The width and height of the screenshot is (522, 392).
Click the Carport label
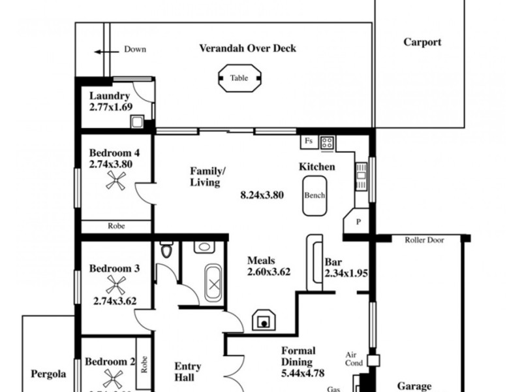pyautogui.click(x=422, y=42)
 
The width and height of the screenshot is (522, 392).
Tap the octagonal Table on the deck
pyautogui.click(x=239, y=78)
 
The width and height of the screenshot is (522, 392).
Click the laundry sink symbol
pyautogui.click(x=138, y=121)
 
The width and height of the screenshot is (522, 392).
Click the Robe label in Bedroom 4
pyautogui.click(x=116, y=226)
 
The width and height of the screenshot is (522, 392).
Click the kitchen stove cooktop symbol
pyautogui.click(x=326, y=140)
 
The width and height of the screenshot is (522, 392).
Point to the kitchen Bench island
pyautogui.click(x=315, y=195)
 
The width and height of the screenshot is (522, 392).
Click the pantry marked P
pyautogui.click(x=358, y=222)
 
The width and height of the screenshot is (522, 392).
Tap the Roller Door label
pyautogui.click(x=424, y=240)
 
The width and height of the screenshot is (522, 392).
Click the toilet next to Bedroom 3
pyautogui.click(x=166, y=250)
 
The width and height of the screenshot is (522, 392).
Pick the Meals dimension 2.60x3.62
pyautogui.click(x=268, y=272)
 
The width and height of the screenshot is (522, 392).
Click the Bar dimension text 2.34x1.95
pyautogui.click(x=346, y=273)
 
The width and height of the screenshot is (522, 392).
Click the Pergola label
pyautogui.click(x=49, y=374)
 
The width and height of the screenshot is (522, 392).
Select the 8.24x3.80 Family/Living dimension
pyautogui.click(x=262, y=194)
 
